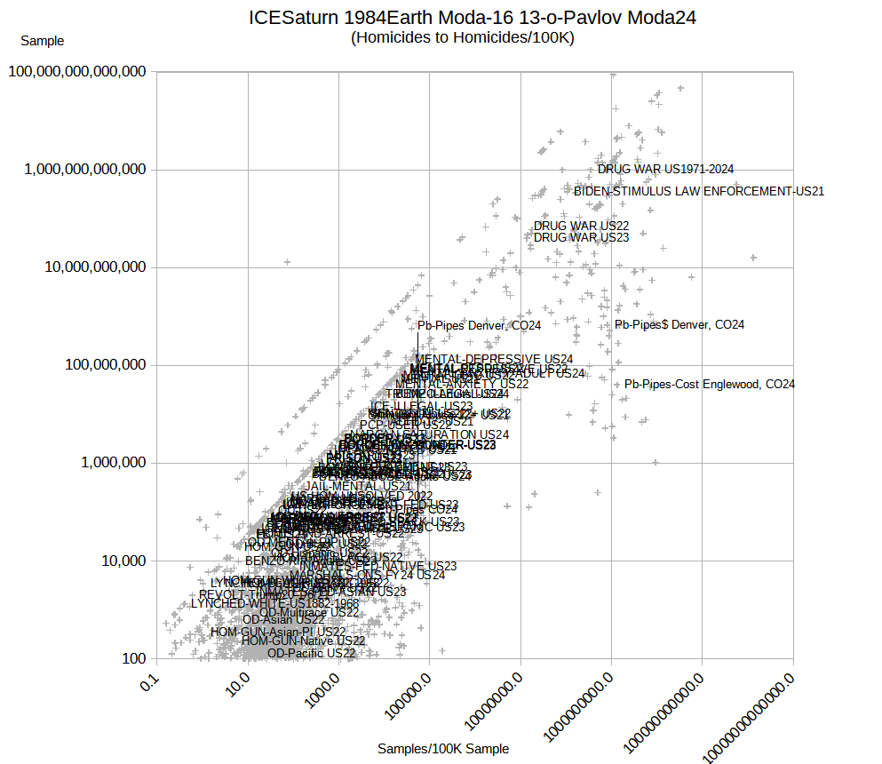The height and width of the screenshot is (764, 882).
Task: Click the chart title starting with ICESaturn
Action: [x=473, y=18]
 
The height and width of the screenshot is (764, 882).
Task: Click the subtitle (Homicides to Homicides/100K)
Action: [x=463, y=38]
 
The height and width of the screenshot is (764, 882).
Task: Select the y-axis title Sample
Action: [x=42, y=41]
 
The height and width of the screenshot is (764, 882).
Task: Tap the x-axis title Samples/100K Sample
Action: [x=443, y=749]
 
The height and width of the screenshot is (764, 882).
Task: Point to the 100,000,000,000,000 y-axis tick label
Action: [x=77, y=72]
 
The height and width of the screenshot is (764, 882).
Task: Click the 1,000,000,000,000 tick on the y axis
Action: [x=83, y=170]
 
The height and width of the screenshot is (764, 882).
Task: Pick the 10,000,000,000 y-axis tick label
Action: [x=90, y=267]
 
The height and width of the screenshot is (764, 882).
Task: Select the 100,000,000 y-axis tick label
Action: [x=97, y=365]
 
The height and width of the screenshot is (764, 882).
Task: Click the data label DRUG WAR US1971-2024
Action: [x=665, y=169]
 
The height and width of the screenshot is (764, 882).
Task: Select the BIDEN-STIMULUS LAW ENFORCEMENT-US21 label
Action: [x=699, y=191]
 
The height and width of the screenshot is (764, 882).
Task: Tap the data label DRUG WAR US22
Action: [x=581, y=227]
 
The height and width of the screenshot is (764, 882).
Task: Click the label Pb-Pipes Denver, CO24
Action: [x=479, y=326]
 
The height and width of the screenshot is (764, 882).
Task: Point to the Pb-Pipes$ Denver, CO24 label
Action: [x=679, y=325]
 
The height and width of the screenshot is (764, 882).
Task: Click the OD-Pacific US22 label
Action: [x=311, y=653]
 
